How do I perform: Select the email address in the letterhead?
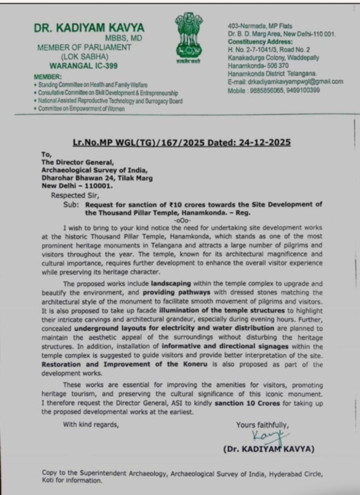(x=285, y=82)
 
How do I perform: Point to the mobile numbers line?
(x=274, y=90)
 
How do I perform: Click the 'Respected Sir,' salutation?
(x=75, y=195)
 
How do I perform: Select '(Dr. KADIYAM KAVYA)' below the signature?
(x=269, y=450)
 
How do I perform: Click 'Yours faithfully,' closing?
(x=262, y=425)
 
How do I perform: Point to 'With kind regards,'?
(x=91, y=425)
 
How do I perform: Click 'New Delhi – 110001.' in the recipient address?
(x=77, y=186)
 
